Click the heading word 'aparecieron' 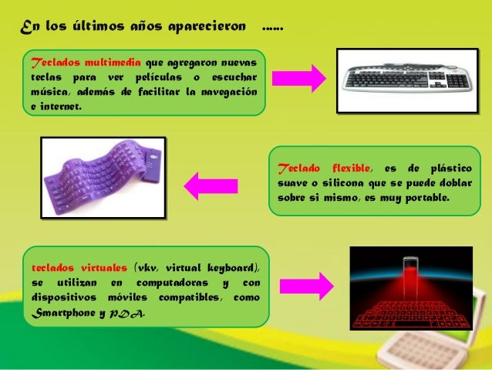210,29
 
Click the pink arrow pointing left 207,185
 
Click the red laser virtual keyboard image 410,288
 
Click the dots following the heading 273,29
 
